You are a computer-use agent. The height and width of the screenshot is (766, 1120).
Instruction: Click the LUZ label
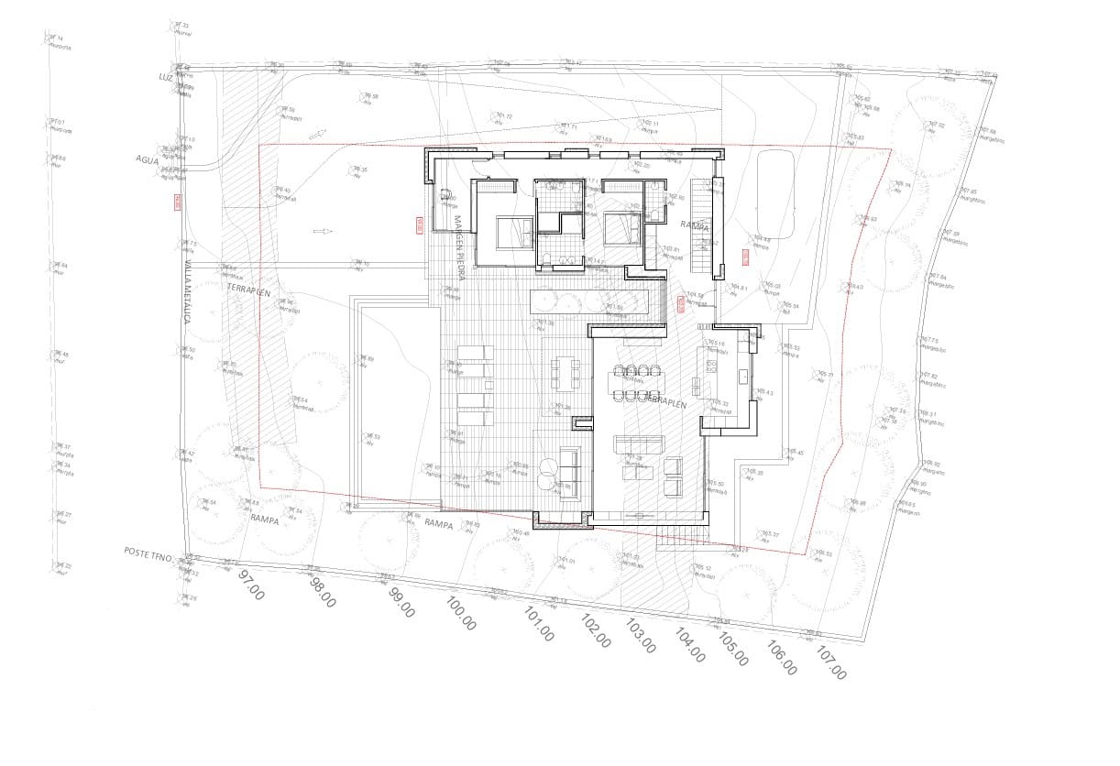165,78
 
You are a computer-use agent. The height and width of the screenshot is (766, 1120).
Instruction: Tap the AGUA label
147,159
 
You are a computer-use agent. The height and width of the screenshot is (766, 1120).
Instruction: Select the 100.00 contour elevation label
461,614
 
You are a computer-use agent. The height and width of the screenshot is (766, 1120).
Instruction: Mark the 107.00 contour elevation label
831,663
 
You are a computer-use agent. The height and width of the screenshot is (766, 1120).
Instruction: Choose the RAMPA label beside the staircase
694,224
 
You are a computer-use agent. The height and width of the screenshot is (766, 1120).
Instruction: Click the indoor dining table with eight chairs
638,383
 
